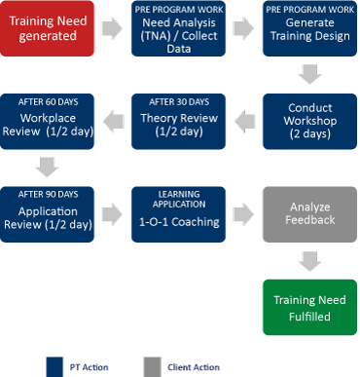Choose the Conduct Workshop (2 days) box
(x=303, y=121)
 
